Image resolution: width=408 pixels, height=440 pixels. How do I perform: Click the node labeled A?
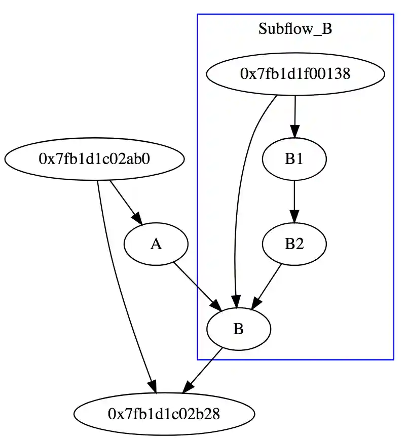156,245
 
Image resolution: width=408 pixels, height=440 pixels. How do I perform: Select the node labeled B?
239,329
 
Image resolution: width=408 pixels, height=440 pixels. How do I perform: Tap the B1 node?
294,159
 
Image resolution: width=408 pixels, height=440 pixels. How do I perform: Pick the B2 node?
294,245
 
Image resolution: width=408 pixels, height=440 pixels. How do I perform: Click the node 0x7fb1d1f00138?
295,74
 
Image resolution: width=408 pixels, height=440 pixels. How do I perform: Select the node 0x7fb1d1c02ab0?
94,159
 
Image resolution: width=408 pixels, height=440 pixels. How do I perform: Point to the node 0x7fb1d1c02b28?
164,414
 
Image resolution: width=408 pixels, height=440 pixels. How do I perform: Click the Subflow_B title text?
295,29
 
